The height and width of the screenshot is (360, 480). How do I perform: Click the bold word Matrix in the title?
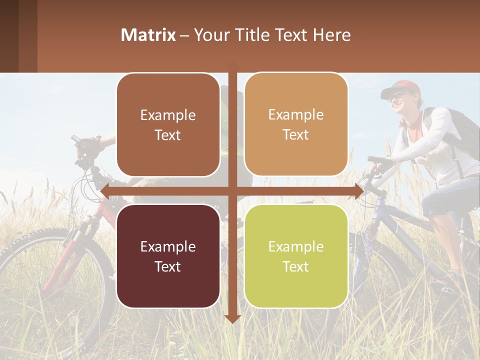coord(148,35)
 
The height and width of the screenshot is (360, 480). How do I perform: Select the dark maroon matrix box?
coord(168,256)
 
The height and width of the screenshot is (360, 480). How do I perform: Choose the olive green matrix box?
coord(296,256)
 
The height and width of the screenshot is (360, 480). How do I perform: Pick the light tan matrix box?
coord(296,124)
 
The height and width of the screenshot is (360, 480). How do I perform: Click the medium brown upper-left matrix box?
coord(168,124)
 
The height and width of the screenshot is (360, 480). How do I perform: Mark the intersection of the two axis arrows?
coord(232,191)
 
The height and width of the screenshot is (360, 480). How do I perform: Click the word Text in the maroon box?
coord(168,266)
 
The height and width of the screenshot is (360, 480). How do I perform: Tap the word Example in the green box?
coord(296,246)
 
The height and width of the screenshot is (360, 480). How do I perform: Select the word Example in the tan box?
coord(296,115)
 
